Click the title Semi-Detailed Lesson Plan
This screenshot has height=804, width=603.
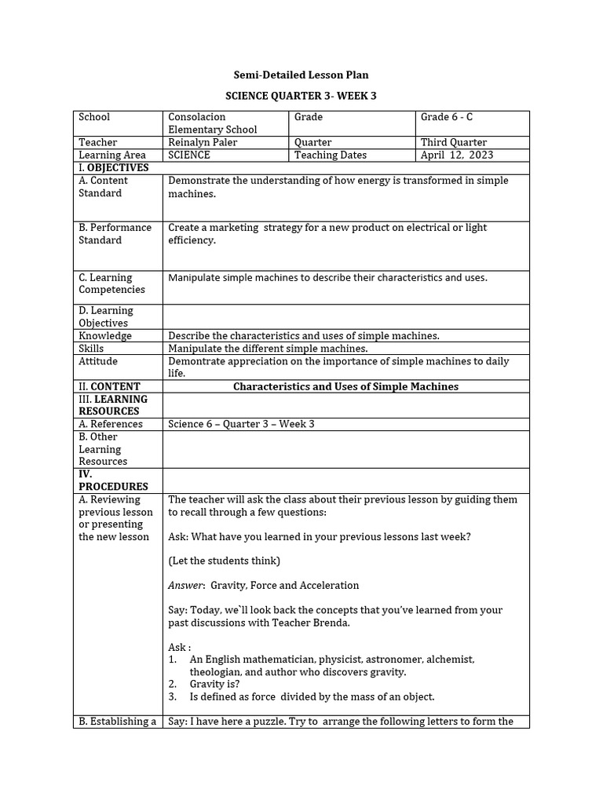(301, 75)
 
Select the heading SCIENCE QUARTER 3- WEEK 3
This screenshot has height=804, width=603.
(301, 95)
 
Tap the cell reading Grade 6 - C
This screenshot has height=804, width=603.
(446, 117)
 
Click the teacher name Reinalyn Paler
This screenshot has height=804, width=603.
(203, 142)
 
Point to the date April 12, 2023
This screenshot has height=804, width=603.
(457, 155)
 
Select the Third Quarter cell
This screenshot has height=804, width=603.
(454, 142)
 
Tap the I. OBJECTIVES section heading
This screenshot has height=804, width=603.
(113, 167)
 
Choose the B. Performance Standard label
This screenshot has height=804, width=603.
(115, 233)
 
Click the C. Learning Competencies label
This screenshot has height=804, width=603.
(111, 283)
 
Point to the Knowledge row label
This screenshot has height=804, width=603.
(105, 335)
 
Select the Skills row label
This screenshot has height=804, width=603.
(91, 348)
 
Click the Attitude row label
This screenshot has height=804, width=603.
(98, 361)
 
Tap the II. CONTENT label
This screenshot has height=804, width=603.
(109, 386)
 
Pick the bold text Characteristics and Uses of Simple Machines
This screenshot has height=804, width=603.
(346, 386)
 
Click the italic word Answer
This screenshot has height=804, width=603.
(186, 585)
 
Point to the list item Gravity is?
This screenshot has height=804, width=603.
(214, 684)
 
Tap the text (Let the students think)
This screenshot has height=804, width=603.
(224, 561)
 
